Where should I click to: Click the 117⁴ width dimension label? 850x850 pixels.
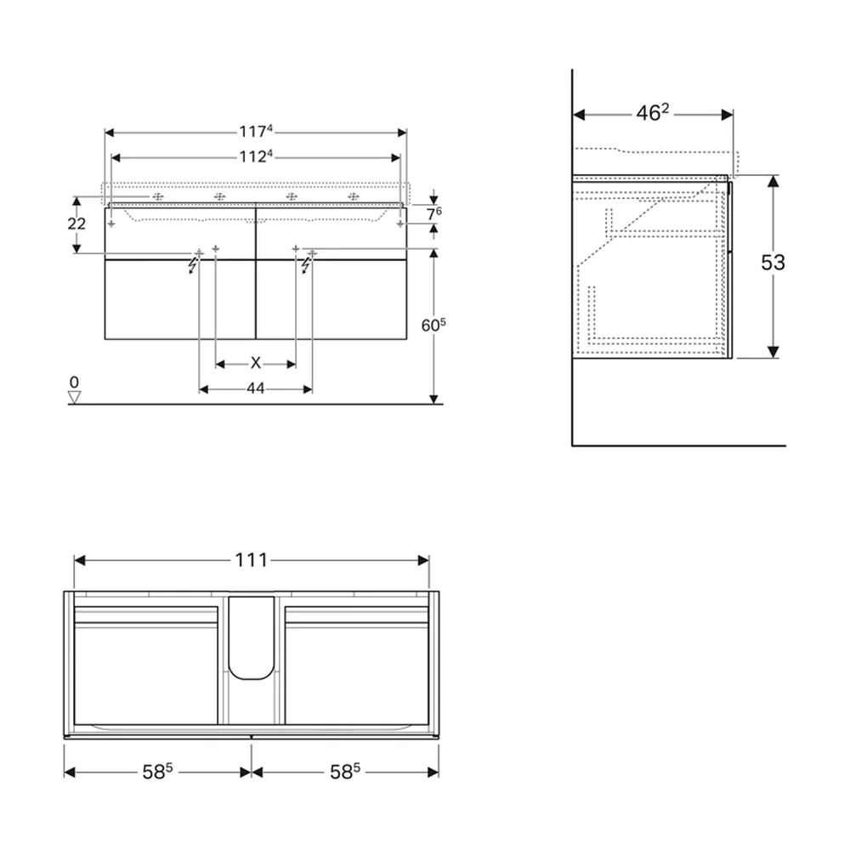click(x=256, y=132)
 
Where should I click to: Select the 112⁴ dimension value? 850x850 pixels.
click(x=256, y=156)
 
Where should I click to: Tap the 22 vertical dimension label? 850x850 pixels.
click(x=76, y=224)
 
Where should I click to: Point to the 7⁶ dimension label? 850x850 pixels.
click(x=433, y=213)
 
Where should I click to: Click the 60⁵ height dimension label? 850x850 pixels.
click(x=433, y=325)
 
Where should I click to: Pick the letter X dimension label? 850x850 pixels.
click(x=255, y=363)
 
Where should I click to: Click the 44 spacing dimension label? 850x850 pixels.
click(x=255, y=388)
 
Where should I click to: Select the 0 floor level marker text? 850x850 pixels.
click(x=74, y=382)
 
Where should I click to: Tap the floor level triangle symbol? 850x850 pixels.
click(x=74, y=397)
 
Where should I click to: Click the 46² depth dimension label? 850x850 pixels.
click(x=653, y=113)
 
